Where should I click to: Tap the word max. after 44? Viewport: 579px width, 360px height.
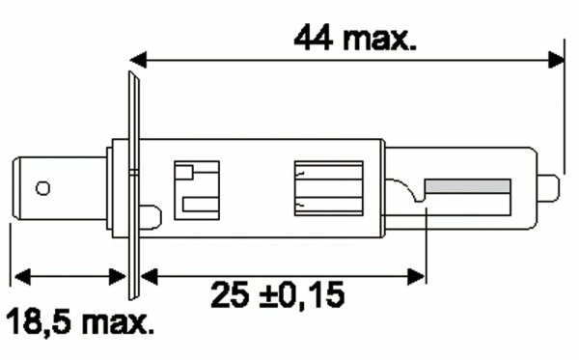(381, 39)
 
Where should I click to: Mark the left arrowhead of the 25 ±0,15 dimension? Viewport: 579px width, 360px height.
(149, 276)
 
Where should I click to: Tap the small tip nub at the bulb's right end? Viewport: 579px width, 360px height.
(549, 187)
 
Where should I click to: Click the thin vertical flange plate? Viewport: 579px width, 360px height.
(133, 183)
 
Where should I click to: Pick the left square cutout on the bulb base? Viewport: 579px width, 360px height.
(196, 188)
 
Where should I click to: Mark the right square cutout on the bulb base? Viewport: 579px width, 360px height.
(328, 188)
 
